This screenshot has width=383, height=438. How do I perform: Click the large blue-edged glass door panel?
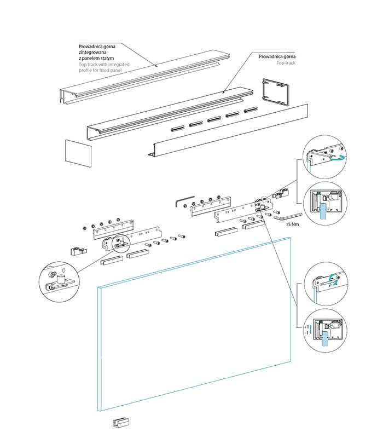tap(194, 323)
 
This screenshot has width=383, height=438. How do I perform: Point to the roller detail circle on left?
tap(60, 279)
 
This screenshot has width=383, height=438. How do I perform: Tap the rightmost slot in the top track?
tap(250, 111)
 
